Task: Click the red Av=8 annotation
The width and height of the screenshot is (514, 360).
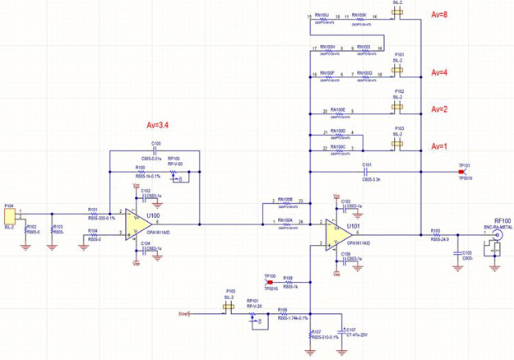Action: pyautogui.click(x=440, y=16)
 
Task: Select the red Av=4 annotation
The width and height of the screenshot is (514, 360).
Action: pyautogui.click(x=440, y=72)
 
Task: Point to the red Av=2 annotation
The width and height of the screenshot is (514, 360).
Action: pyautogui.click(x=440, y=109)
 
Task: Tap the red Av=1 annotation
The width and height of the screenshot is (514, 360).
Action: pyautogui.click(x=440, y=145)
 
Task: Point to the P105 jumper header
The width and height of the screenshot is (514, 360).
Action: pyautogui.click(x=229, y=307)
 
